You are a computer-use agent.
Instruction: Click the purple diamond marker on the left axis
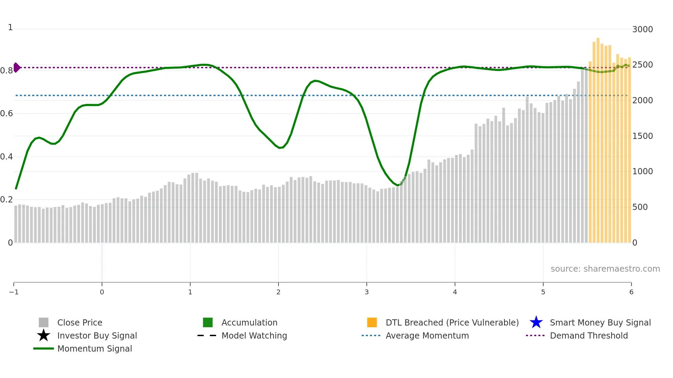[x=16, y=68]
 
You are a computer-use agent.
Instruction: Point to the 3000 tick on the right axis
[x=642, y=29]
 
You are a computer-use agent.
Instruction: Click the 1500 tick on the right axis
[x=642, y=136]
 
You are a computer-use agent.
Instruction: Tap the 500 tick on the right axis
[x=640, y=207]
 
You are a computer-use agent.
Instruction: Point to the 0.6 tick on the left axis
[x=7, y=114]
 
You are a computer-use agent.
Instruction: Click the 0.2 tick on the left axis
[x=7, y=200]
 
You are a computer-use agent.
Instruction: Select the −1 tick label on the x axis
[x=14, y=292]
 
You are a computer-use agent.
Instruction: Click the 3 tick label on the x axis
[x=367, y=292]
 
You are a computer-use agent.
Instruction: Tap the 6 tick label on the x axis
[x=631, y=292]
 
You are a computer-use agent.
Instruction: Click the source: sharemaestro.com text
[x=605, y=269]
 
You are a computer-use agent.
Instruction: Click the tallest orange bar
[x=598, y=137]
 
